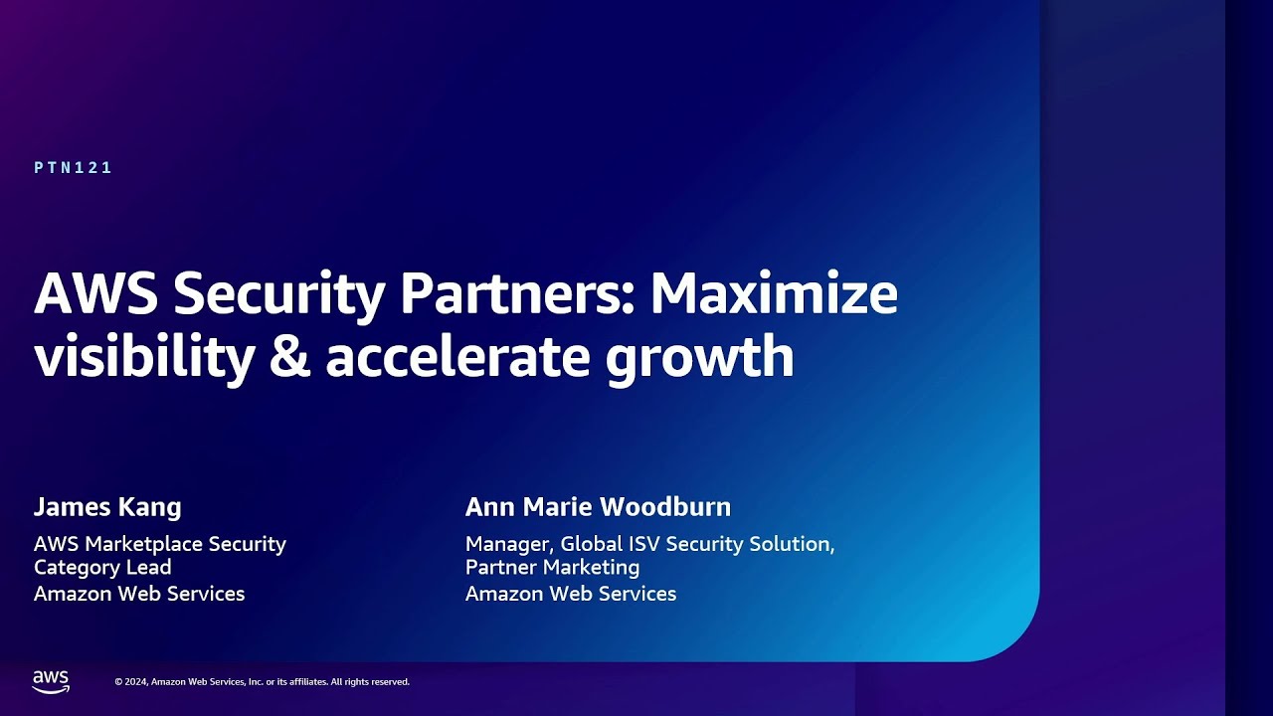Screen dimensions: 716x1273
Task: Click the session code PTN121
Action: pos(74,168)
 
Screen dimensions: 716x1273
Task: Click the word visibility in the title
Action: pos(143,358)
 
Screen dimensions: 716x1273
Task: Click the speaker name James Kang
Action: pos(107,507)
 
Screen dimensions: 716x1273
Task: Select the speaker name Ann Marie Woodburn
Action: pos(598,507)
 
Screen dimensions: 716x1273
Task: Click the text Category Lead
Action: pos(102,567)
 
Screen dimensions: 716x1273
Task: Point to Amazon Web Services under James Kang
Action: pos(139,594)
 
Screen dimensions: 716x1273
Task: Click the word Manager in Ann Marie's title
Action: pos(510,544)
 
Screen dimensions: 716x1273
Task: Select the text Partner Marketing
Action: pos(552,567)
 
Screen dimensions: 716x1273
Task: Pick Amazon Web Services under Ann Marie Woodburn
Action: pos(571,594)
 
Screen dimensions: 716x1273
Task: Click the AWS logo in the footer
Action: pos(51,681)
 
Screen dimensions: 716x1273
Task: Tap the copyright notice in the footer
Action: pos(262,682)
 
